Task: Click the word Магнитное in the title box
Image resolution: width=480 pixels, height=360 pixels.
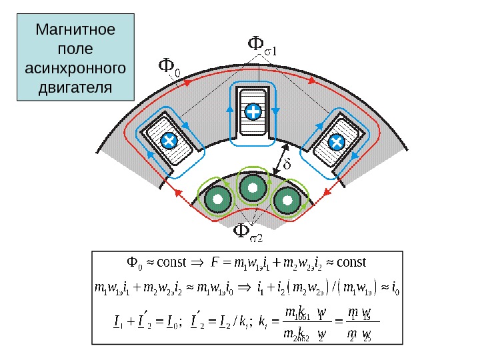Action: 75,31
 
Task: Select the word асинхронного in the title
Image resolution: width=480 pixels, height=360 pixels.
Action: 75,69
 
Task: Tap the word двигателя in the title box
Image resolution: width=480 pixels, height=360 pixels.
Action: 75,87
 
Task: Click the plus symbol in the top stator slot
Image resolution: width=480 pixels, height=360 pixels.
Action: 253,111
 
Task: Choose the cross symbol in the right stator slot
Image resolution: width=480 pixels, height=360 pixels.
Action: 336,141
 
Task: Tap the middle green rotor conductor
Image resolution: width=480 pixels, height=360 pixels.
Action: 253,189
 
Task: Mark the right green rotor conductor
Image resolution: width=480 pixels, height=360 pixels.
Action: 287,199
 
